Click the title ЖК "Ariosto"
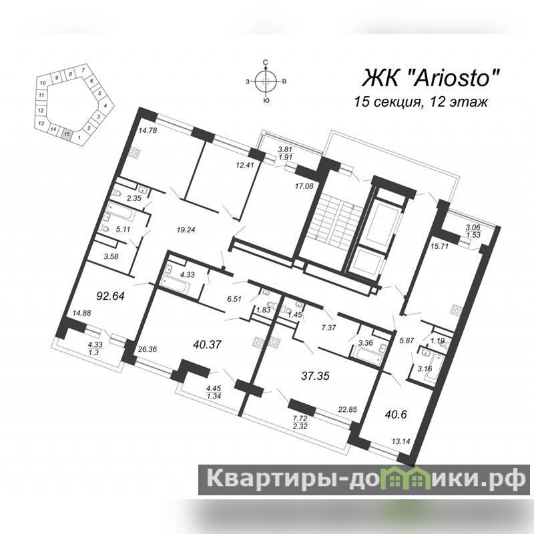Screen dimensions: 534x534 tap(431, 79)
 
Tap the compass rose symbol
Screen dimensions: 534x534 tap(266, 81)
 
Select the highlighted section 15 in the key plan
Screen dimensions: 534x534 tap(67, 133)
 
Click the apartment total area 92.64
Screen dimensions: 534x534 tap(110, 296)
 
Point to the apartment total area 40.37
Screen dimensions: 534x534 tap(207, 344)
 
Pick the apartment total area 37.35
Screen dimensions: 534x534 tap(315, 376)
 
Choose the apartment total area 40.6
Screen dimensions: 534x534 tap(396, 415)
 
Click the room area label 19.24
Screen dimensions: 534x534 tap(186, 230)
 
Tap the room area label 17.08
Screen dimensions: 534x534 tap(304, 186)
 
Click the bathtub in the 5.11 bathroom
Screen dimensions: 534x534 tap(119, 211)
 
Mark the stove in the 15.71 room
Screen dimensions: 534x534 tap(456, 311)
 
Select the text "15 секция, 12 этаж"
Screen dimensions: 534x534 tap(421, 102)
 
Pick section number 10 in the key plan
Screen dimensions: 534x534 tap(43, 83)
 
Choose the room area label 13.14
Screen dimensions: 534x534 tap(401, 441)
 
